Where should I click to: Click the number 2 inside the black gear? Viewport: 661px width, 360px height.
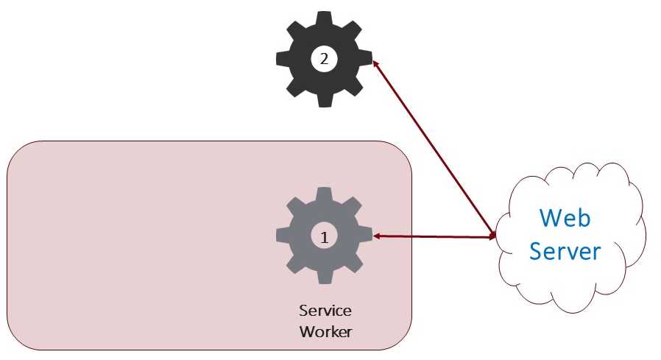coord(324,59)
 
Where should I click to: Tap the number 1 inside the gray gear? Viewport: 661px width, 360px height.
coord(324,238)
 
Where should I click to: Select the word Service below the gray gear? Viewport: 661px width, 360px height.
coord(325,311)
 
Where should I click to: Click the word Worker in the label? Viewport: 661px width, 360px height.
coord(325,331)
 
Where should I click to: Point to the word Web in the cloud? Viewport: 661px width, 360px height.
coord(565,218)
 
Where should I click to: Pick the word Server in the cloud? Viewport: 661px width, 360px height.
coord(565,251)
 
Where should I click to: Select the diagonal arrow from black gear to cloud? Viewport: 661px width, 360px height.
coord(434,149)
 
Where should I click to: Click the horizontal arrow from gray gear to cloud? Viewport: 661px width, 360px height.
coord(434,236)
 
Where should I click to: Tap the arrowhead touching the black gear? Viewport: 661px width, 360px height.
coord(375,64)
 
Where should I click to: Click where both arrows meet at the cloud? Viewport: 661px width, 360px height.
coord(495,237)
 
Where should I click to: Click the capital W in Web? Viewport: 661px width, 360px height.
coord(550,217)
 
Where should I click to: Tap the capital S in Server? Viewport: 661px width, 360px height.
coord(536,251)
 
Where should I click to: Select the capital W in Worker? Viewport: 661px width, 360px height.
coord(307,331)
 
